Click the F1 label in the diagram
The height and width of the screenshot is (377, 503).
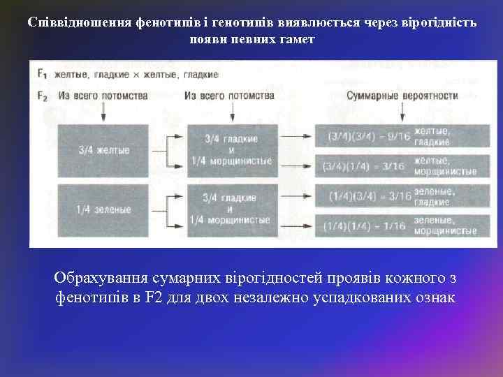[41, 74]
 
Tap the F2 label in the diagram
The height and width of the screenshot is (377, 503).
[42, 96]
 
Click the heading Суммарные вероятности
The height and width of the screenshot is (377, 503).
[402, 96]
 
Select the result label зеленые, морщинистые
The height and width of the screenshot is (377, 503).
[445, 226]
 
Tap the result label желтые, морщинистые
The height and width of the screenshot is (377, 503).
[445, 166]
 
